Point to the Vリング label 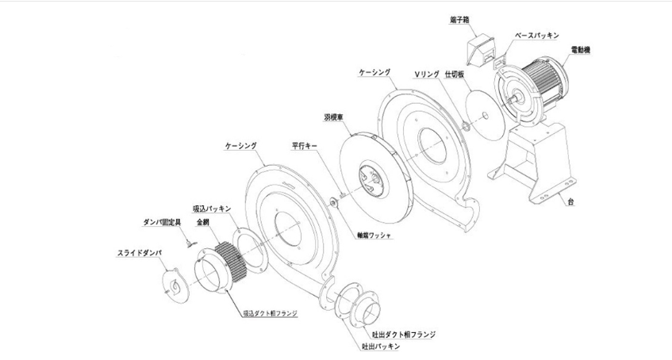tap(427, 74)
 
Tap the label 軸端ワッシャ tap(374, 235)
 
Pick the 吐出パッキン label tap(375, 346)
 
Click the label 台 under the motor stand tap(570, 202)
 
